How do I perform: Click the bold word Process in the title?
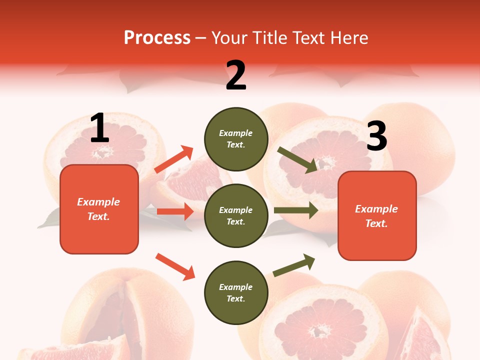point(157,38)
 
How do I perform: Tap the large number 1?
point(99,128)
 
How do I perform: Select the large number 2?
point(236,75)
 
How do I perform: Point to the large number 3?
point(376,136)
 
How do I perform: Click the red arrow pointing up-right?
point(174,159)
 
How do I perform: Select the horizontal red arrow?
point(175,211)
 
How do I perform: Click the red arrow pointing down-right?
point(175,266)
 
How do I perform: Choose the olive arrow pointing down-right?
point(297,160)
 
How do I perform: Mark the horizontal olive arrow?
point(296,210)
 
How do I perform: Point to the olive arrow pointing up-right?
point(294,265)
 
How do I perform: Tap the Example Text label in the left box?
point(98,209)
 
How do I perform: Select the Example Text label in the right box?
point(376,216)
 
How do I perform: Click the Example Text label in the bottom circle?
point(235,292)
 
